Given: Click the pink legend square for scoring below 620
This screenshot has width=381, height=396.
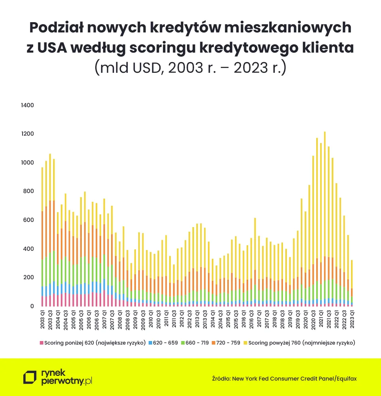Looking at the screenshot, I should [41, 343].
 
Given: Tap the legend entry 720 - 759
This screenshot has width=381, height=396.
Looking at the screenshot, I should [228, 343].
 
